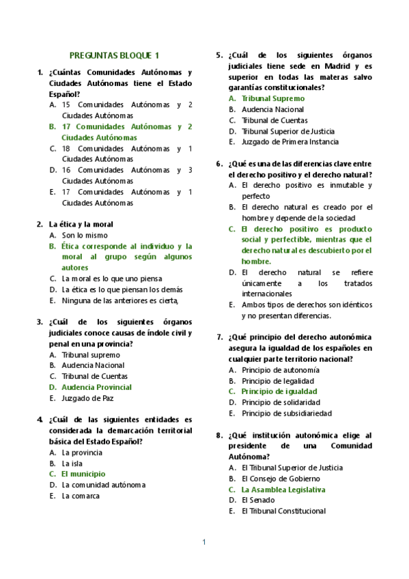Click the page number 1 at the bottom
pyautogui.click(x=203, y=542)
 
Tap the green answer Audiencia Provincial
pyautogui.click(x=96, y=387)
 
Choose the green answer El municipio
pyautogui.click(x=83, y=474)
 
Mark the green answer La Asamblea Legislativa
pyautogui.click(x=283, y=490)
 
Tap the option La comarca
pyautogui.click(x=81, y=496)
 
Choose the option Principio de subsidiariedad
pyautogui.click(x=287, y=414)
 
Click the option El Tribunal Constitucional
pyautogui.click(x=283, y=511)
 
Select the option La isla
pyautogui.click(x=73, y=463)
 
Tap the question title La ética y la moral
pyautogui.click(x=81, y=224)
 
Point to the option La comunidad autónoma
pyautogui.click(x=104, y=485)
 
